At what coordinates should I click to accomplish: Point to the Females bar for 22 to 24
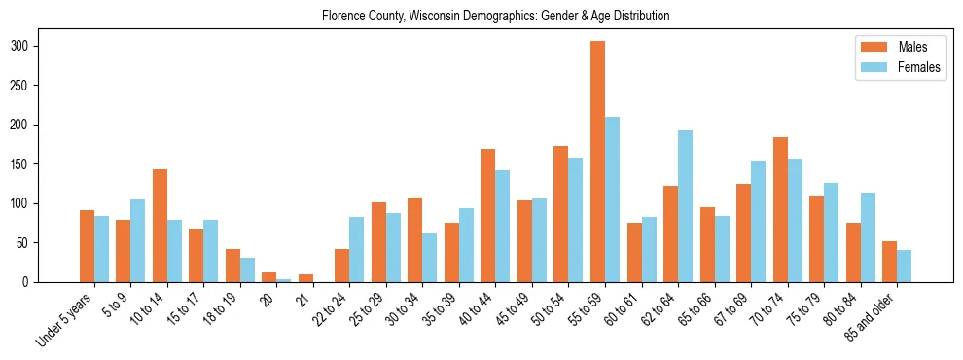coord(356,249)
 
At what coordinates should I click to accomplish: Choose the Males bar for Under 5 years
coord(87,246)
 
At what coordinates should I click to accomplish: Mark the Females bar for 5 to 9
coord(137,240)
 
